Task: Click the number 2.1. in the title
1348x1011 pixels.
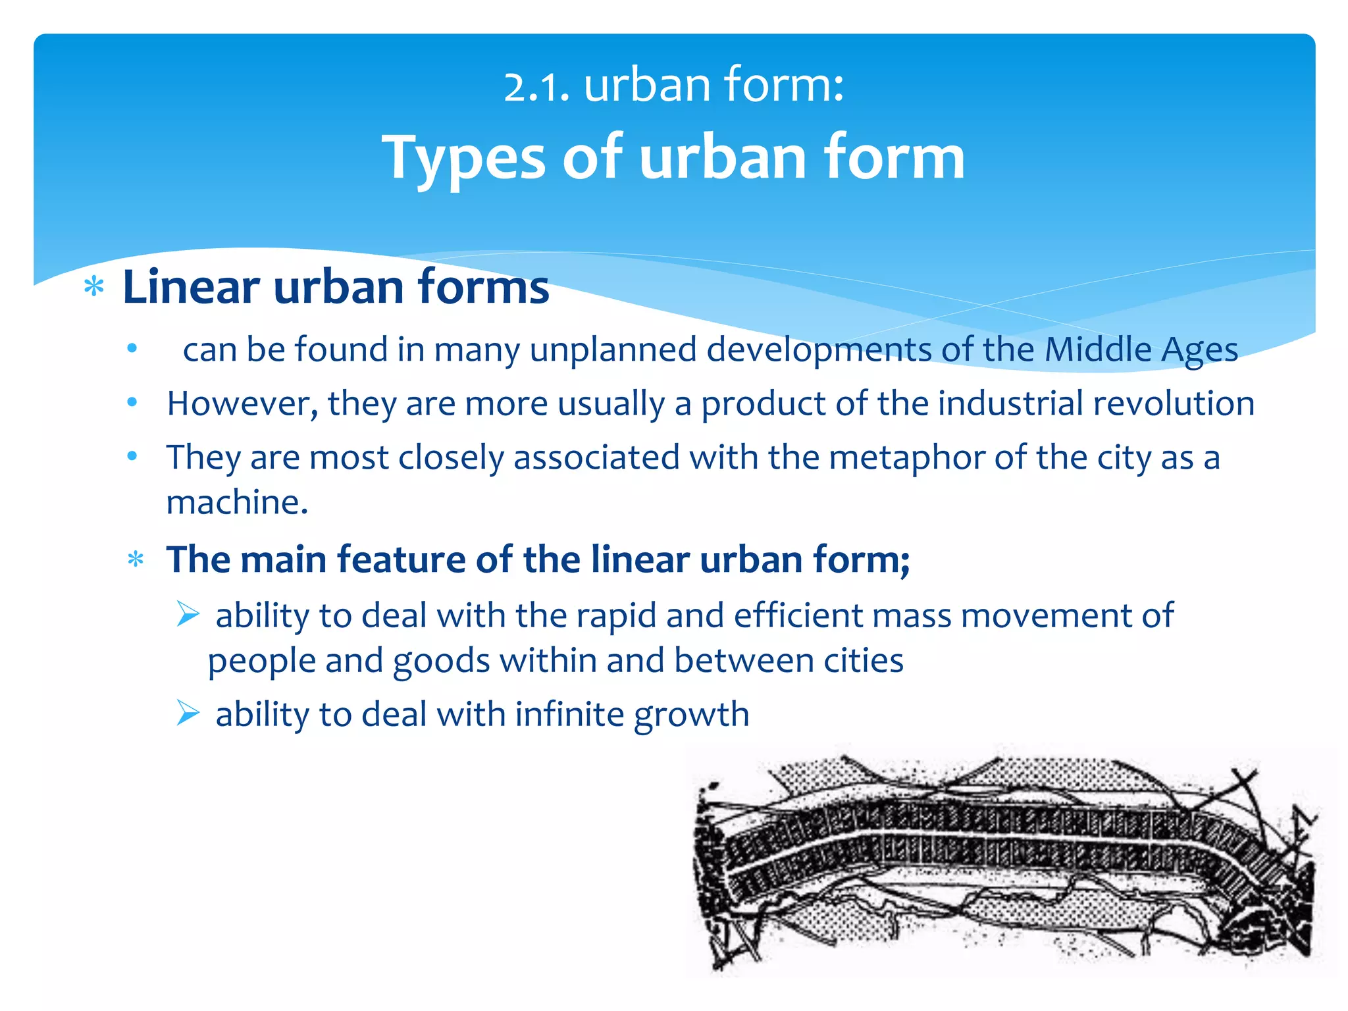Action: point(536,86)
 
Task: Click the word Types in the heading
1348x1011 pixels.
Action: point(464,158)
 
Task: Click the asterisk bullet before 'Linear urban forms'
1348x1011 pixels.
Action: point(94,288)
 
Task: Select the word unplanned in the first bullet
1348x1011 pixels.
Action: point(613,350)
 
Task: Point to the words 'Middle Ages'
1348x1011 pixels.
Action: point(1141,350)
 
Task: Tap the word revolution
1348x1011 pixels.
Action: point(1174,403)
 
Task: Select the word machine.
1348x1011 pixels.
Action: point(237,502)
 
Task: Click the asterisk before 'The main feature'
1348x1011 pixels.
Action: point(136,560)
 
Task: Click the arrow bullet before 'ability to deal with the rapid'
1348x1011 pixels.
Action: point(188,615)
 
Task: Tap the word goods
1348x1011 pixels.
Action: point(441,661)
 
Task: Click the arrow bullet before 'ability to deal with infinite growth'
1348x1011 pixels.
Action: point(188,713)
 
